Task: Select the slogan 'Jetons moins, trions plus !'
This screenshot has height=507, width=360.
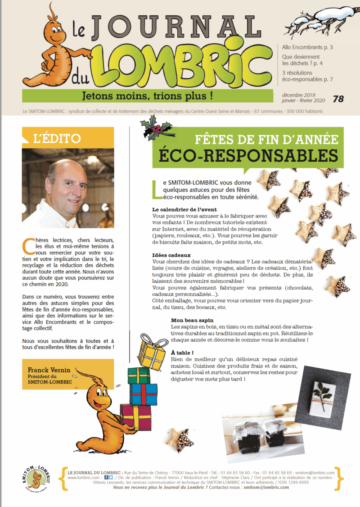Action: pos(147,95)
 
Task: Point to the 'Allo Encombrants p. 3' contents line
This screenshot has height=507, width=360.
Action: pos(307,47)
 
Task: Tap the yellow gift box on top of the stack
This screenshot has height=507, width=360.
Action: pos(152,353)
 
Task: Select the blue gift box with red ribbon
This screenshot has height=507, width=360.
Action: pos(144,394)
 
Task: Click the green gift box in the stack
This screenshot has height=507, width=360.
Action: pos(139,376)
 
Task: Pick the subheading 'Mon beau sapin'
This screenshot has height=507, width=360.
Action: pos(189,320)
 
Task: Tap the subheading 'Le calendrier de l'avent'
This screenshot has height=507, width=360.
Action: pos(184,209)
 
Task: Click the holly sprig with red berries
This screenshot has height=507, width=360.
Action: pos(155,127)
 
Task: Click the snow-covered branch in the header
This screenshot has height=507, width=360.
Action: pos(320,20)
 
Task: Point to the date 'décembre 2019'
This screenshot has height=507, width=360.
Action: pos(299,95)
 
